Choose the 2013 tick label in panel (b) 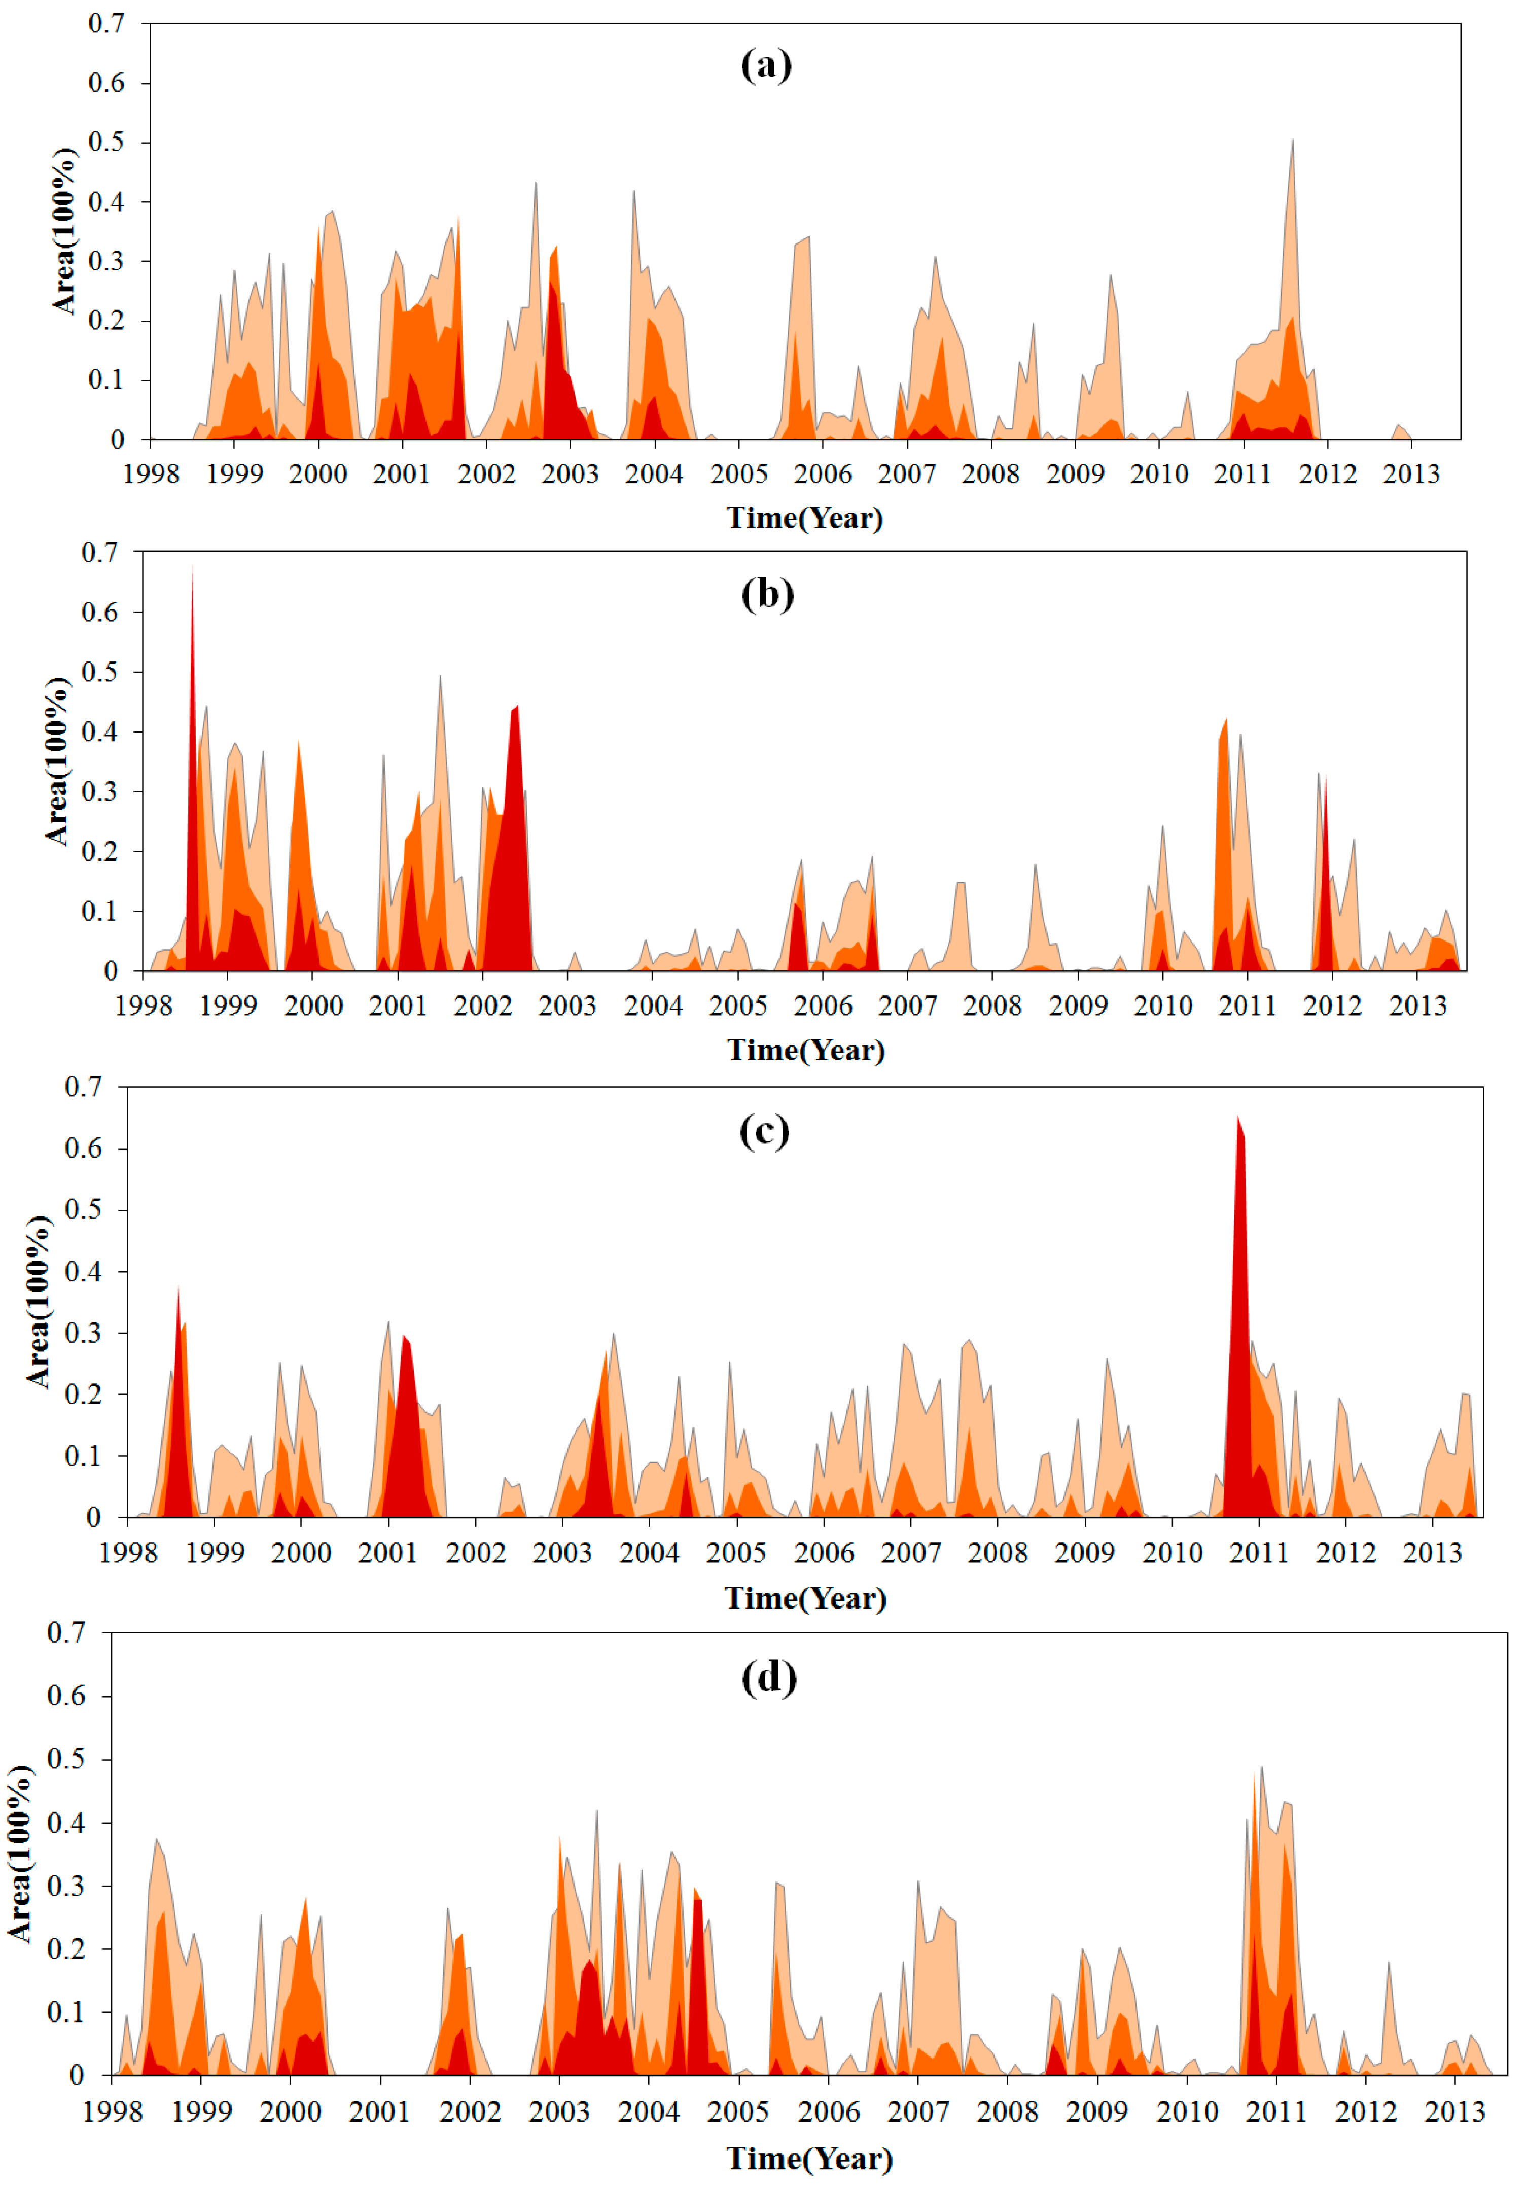(1417, 1005)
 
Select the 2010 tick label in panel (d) (1187, 2111)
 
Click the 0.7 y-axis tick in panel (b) (99, 552)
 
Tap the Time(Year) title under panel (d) (809, 2158)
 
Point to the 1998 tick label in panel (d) (113, 2111)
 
